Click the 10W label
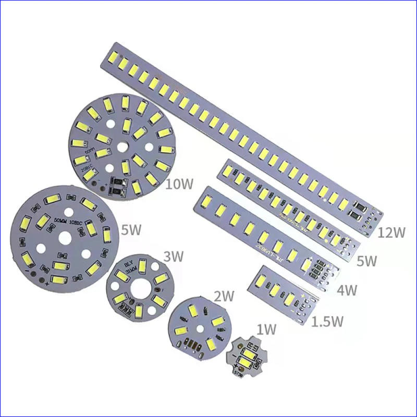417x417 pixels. point(179,185)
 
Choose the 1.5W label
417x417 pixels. point(327,321)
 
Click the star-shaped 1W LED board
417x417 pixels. point(246,358)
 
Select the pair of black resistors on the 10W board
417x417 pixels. point(117,187)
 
